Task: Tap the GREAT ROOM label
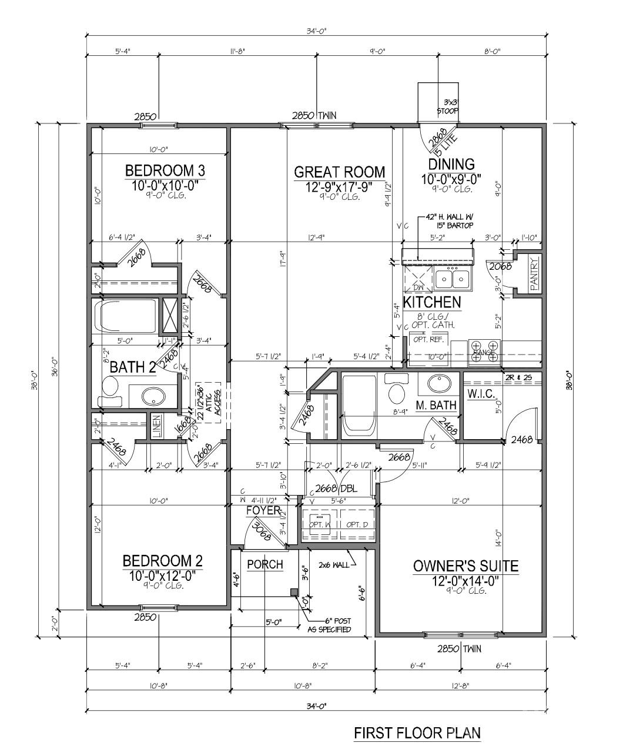(339, 172)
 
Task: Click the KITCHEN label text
(431, 303)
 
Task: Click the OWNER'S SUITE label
(465, 566)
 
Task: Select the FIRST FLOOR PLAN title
(417, 733)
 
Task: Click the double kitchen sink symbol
(453, 278)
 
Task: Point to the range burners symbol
(485, 351)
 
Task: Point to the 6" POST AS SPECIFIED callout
(330, 625)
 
